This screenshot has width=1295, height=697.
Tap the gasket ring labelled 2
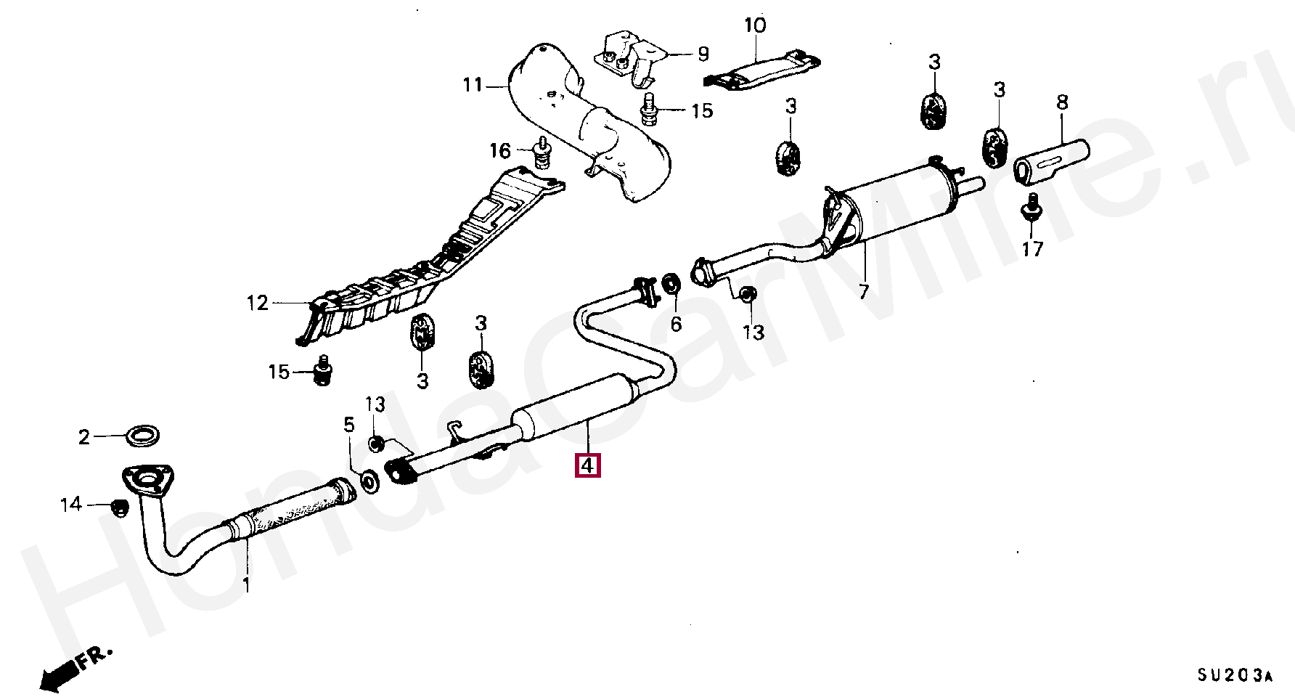(143, 437)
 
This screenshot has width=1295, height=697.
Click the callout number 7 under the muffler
(863, 293)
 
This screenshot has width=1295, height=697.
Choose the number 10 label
(755, 26)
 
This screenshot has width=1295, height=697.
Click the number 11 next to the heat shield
(473, 86)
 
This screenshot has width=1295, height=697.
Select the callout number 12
(257, 303)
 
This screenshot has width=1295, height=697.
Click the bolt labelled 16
(541, 152)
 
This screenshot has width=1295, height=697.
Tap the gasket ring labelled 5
(369, 481)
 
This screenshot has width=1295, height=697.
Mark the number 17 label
(1032, 250)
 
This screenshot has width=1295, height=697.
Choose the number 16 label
(500, 151)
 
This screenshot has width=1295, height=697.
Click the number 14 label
(71, 505)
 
